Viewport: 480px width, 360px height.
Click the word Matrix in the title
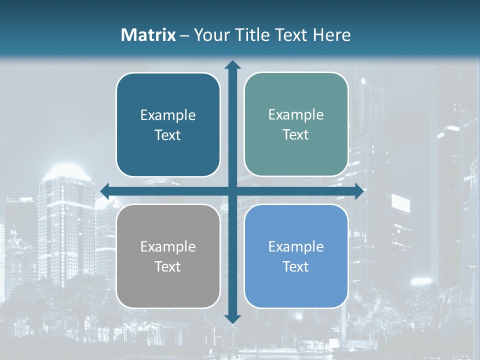(x=148, y=35)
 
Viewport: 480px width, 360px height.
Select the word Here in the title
(x=331, y=35)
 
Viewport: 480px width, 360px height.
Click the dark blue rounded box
(x=168, y=124)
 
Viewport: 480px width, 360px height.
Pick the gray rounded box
(x=168, y=256)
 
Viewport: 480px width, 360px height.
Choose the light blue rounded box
(x=296, y=256)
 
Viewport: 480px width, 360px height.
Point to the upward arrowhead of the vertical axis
(x=232, y=64)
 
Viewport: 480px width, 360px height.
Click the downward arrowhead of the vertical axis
(x=232, y=318)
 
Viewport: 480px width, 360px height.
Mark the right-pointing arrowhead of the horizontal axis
(x=359, y=191)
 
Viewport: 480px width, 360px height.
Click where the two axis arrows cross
(x=232, y=191)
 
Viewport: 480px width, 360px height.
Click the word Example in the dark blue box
(x=168, y=115)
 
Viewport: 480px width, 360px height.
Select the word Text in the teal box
(x=296, y=135)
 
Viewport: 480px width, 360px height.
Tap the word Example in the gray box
(x=168, y=247)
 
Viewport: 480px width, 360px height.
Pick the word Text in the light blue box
(x=296, y=266)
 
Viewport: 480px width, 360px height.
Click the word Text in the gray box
(x=168, y=266)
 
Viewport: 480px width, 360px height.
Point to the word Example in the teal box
(x=296, y=115)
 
